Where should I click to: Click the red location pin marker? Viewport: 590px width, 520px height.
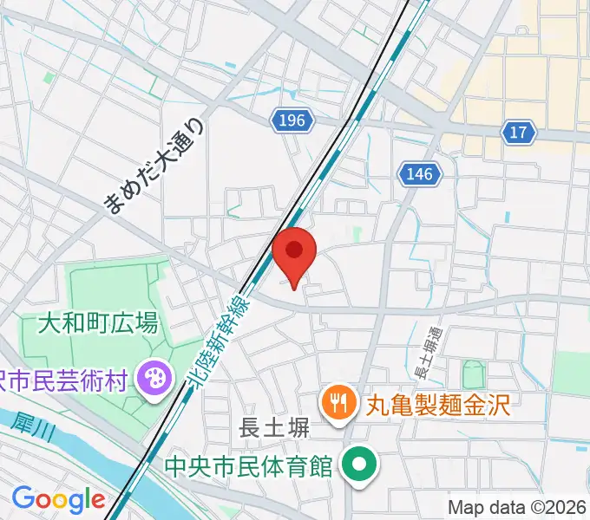click(x=295, y=256)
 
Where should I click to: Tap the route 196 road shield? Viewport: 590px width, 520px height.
click(x=292, y=120)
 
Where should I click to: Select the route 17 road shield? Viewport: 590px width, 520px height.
click(x=518, y=132)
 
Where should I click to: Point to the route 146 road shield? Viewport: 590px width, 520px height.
click(x=417, y=174)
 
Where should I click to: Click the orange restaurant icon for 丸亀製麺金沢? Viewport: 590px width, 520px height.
click(x=336, y=401)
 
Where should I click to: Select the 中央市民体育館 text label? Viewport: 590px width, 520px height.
click(x=250, y=467)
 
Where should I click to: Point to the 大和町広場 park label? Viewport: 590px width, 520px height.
click(x=97, y=324)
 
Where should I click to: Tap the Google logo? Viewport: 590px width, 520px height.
click(x=57, y=499)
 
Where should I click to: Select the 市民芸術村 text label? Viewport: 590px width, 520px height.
click(x=65, y=379)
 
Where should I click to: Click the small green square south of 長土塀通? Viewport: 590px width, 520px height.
click(x=474, y=376)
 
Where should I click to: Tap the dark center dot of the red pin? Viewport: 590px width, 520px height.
click(x=295, y=250)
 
